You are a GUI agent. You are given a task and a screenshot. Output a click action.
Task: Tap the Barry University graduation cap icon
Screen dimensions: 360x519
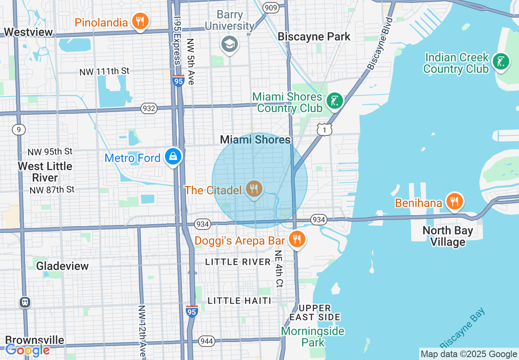[229, 43]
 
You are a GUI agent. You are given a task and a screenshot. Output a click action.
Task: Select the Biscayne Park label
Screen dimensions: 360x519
[314, 36]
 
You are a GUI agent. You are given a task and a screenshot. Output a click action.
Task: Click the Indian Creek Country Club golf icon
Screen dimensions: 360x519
[501, 62]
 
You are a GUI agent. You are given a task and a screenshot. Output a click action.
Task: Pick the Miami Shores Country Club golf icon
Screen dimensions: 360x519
[334, 101]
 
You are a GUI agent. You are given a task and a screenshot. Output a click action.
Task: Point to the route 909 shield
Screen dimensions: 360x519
[271, 7]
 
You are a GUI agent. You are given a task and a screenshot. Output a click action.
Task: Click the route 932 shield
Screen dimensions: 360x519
[149, 108]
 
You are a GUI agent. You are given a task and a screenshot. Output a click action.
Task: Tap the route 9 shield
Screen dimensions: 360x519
[18, 130]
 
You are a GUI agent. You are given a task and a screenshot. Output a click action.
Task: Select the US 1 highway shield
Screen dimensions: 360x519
[324, 130]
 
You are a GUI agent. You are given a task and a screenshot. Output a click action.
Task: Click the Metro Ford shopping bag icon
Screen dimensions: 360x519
[173, 157]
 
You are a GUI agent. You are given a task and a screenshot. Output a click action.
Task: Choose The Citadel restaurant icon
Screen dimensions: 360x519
[254, 189]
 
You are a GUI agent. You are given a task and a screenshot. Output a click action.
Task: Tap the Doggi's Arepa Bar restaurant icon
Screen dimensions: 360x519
[297, 239]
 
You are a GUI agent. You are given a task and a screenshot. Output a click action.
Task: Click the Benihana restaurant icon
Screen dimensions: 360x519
[454, 202]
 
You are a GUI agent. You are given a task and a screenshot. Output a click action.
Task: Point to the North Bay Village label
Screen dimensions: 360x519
[447, 236]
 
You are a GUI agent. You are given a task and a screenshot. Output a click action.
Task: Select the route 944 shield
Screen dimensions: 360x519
[207, 341]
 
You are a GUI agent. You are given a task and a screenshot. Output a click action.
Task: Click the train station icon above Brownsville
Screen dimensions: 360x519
[25, 302]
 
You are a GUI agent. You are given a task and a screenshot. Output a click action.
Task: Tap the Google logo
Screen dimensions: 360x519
[27, 350]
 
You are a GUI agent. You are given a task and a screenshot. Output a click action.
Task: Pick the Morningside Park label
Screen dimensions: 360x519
[313, 336]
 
